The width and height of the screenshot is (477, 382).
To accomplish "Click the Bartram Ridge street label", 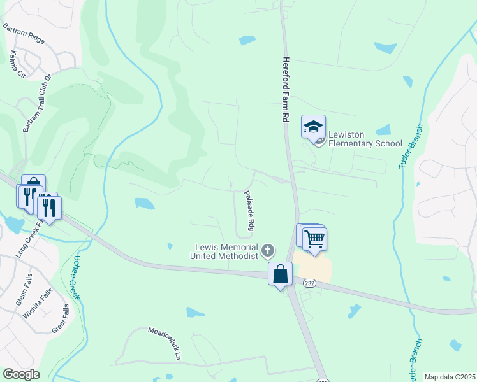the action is click(24, 33).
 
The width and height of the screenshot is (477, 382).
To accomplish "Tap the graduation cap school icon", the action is click(313, 127).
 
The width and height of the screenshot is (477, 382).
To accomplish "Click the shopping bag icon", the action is click(280, 274).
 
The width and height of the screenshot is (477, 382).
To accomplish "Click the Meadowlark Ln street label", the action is click(166, 342).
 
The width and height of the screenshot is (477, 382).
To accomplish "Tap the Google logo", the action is click(21, 374).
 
